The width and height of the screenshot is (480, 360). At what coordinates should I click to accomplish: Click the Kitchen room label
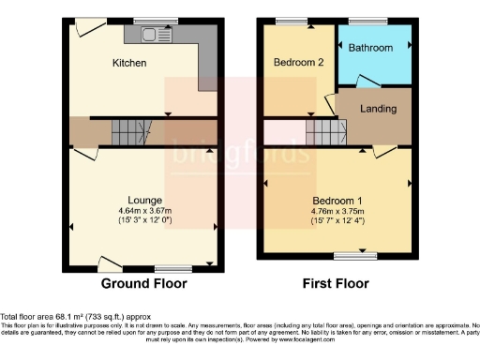tap(130, 63)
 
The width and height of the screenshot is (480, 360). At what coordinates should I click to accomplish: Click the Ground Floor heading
tap(144, 283)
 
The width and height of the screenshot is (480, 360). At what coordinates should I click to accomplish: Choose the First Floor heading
tap(337, 283)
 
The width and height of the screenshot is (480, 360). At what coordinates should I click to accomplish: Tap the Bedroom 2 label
tap(298, 63)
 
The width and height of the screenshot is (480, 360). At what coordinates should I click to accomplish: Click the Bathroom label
tap(372, 47)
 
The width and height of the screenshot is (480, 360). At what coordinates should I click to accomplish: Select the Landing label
tap(378, 109)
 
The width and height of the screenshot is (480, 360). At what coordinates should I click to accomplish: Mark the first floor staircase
tap(322, 132)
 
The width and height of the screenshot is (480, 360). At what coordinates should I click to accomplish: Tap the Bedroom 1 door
tap(385, 151)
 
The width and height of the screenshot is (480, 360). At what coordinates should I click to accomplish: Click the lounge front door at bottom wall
tap(111, 263)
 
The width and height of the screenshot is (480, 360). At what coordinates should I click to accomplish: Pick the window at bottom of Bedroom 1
tap(348, 255)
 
